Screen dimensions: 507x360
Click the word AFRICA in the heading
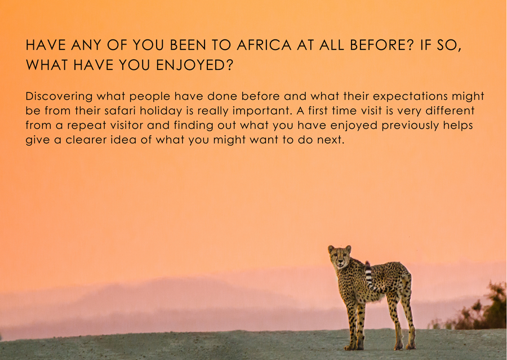coord(264,45)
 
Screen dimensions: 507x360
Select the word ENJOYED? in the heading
coord(195,65)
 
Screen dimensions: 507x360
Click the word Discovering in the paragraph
coord(59,96)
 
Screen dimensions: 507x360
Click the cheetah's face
coord(340,257)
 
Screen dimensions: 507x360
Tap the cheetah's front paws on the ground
coord(354,346)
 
